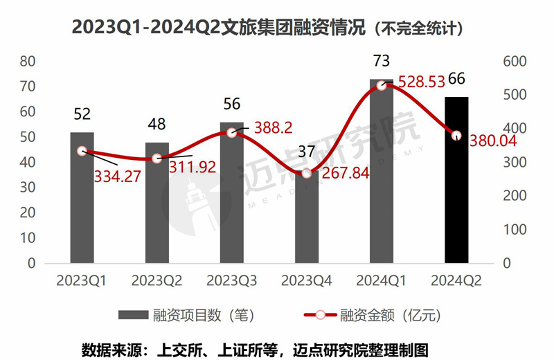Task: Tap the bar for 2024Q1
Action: coord(382,173)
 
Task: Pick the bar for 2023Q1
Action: coord(82,198)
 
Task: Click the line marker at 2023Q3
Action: coord(231,132)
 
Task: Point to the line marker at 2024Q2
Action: coord(456,136)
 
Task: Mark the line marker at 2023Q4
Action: coord(307,173)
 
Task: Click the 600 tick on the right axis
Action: coord(517,61)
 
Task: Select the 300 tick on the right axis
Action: coord(517,162)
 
